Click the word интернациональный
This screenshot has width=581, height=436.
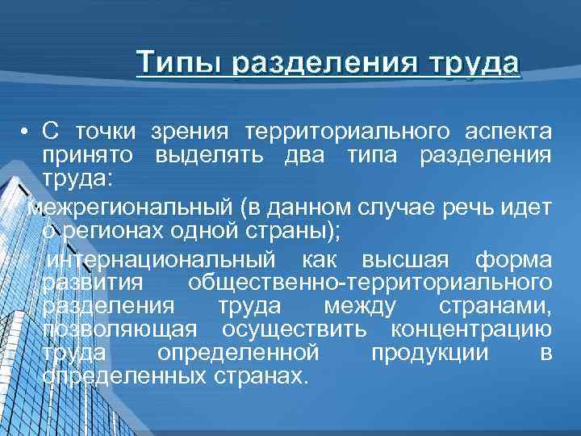coord(161,261)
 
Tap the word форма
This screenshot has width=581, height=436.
coord(514,261)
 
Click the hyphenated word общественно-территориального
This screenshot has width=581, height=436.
coord(370,283)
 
